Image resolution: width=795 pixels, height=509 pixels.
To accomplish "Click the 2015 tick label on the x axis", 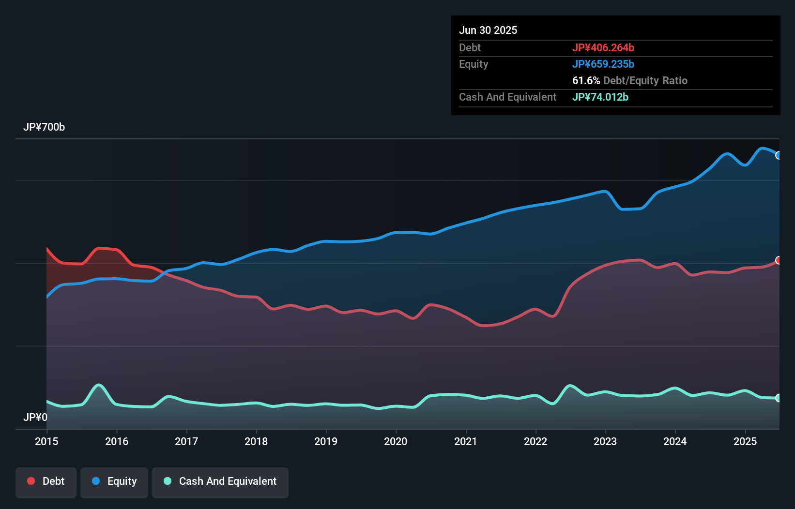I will point(46,441).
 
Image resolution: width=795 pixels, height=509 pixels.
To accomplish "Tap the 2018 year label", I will point(256,441).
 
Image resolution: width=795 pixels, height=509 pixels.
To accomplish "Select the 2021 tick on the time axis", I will point(465,441).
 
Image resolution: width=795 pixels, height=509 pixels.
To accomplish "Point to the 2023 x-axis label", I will point(605,441).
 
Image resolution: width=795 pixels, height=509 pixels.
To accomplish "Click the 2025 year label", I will point(745,441).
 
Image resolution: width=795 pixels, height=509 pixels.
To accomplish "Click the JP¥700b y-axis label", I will point(44,127).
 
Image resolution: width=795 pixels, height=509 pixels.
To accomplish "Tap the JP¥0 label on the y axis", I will point(35,417).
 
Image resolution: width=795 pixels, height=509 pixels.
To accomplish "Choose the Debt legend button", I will point(46,481).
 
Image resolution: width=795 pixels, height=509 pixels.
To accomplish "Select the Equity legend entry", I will point(114,481).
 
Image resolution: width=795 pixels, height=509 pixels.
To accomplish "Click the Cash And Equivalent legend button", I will point(220,481).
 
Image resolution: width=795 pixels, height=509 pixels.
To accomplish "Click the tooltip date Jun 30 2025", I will point(488,30).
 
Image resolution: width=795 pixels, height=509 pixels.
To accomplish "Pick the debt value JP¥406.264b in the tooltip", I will point(603,47).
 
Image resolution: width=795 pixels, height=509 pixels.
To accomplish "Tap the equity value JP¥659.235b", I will point(603,64).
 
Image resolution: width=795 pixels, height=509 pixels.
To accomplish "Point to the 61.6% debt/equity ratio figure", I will point(586,80).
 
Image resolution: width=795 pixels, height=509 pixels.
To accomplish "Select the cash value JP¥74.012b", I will point(600,97).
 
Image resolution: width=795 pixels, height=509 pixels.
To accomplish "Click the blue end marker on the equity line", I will point(779,155).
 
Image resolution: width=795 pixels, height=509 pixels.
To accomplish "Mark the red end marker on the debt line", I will point(779,260).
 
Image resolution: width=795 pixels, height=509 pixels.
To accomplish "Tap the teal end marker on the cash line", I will point(779,398).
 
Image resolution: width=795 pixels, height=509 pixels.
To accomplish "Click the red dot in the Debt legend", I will point(31,481).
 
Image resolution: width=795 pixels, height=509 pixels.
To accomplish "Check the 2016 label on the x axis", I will point(117,441).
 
